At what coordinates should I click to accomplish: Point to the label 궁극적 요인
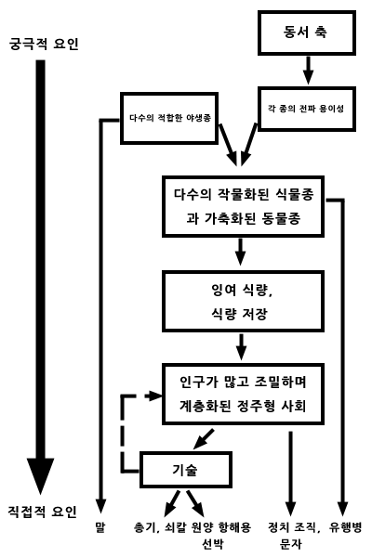pyautogui.click(x=44, y=45)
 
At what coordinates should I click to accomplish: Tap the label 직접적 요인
pyautogui.click(x=43, y=513)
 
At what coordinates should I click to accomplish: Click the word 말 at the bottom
pyautogui.click(x=100, y=527)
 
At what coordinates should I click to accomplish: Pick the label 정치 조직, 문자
pyautogui.click(x=294, y=535)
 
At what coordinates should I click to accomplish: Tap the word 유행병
pyautogui.click(x=345, y=527)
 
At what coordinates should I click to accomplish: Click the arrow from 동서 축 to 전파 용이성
pyautogui.click(x=308, y=71)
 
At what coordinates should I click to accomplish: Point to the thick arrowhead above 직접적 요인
pyautogui.click(x=41, y=476)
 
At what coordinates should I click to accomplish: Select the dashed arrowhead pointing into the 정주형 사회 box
pyautogui.click(x=155, y=396)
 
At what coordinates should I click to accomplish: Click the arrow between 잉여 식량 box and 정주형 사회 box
pyautogui.click(x=242, y=346)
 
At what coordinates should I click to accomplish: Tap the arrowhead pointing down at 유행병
pyautogui.click(x=343, y=509)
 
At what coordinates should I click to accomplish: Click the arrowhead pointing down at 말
pyautogui.click(x=101, y=506)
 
